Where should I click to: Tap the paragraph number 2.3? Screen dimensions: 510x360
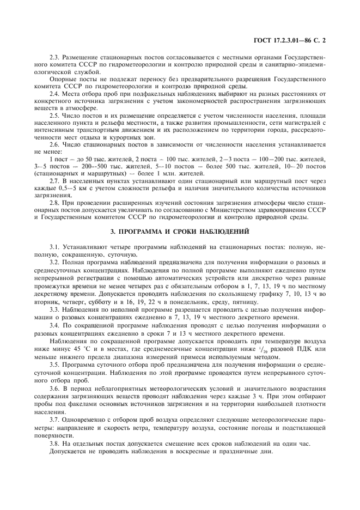point(55,58)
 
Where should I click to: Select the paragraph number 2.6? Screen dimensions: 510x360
point(55,145)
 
